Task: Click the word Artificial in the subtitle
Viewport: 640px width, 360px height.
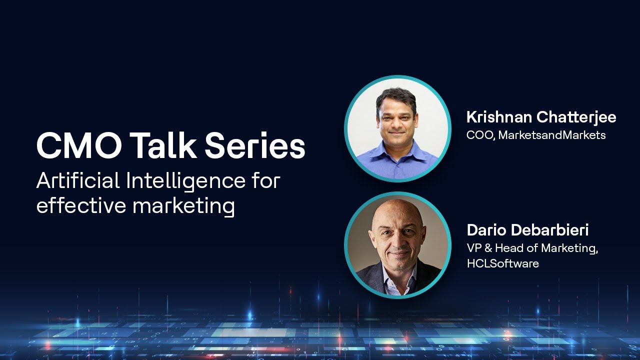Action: tap(78, 180)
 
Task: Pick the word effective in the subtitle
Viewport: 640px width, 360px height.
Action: tap(80, 205)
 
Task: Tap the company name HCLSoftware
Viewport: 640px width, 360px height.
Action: tap(502, 263)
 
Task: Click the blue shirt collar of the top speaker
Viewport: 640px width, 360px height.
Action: tap(397, 150)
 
